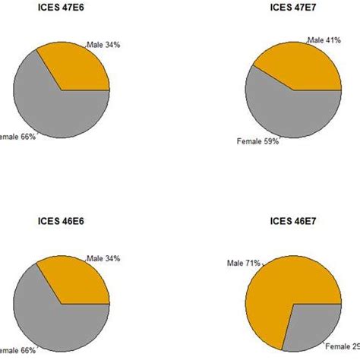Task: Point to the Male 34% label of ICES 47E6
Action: pos(103,46)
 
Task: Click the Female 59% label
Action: pos(258,141)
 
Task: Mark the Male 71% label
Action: pos(243,263)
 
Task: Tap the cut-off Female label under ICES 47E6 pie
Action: pos(17,137)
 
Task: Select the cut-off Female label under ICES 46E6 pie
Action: pos(17,351)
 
